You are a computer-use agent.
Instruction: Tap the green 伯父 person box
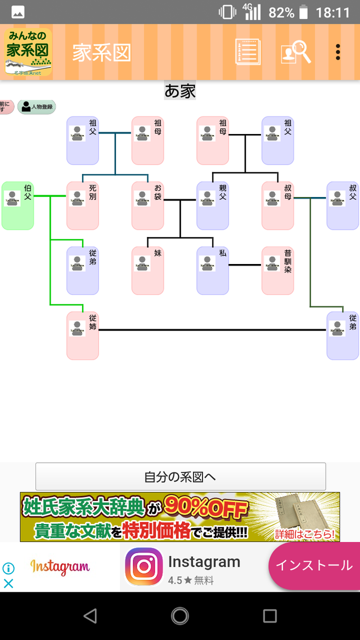[x=17, y=205]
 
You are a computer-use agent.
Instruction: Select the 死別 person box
[x=83, y=205]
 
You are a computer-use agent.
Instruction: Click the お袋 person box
[x=147, y=205]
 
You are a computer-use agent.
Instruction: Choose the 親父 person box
[x=213, y=205]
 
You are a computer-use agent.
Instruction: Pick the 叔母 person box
[x=278, y=205]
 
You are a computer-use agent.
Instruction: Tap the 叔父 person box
[x=343, y=205]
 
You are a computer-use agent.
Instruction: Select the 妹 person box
[x=147, y=270]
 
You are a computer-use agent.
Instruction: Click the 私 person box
[x=213, y=270]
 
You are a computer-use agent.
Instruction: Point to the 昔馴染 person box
[x=278, y=270]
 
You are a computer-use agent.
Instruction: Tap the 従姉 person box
[x=83, y=335]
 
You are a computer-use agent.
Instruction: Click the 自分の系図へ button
[x=181, y=477]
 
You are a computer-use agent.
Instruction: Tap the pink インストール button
[x=314, y=565]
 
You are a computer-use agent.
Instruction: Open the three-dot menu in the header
[x=337, y=52]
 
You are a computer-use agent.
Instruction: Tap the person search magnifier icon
[x=296, y=52]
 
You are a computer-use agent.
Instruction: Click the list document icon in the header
[x=247, y=52]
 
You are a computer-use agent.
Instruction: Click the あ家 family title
[x=180, y=91]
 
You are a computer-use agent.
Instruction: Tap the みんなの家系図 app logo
[x=29, y=52]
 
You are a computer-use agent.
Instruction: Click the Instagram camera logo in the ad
[x=143, y=566]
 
